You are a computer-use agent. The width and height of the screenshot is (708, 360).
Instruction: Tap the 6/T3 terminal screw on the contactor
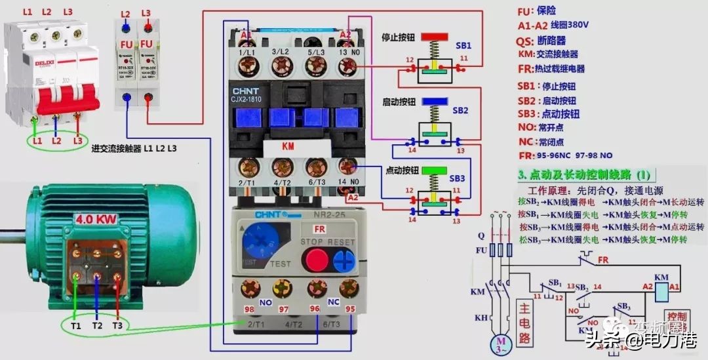pos(317,167)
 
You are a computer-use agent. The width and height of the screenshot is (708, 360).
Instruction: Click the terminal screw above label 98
pos(249,288)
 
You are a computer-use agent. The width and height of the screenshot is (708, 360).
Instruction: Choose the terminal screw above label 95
pos(349,288)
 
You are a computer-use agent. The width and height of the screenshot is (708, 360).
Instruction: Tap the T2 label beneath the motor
pos(97,325)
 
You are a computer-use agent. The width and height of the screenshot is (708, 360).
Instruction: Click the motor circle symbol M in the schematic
pos(502,344)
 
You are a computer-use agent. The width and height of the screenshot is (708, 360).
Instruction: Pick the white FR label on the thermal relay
pos(319,229)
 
